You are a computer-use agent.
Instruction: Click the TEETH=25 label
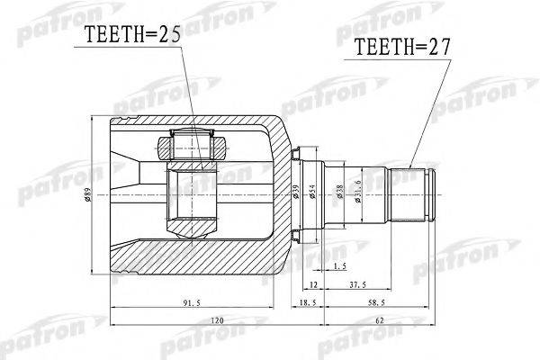[x=133, y=35]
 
